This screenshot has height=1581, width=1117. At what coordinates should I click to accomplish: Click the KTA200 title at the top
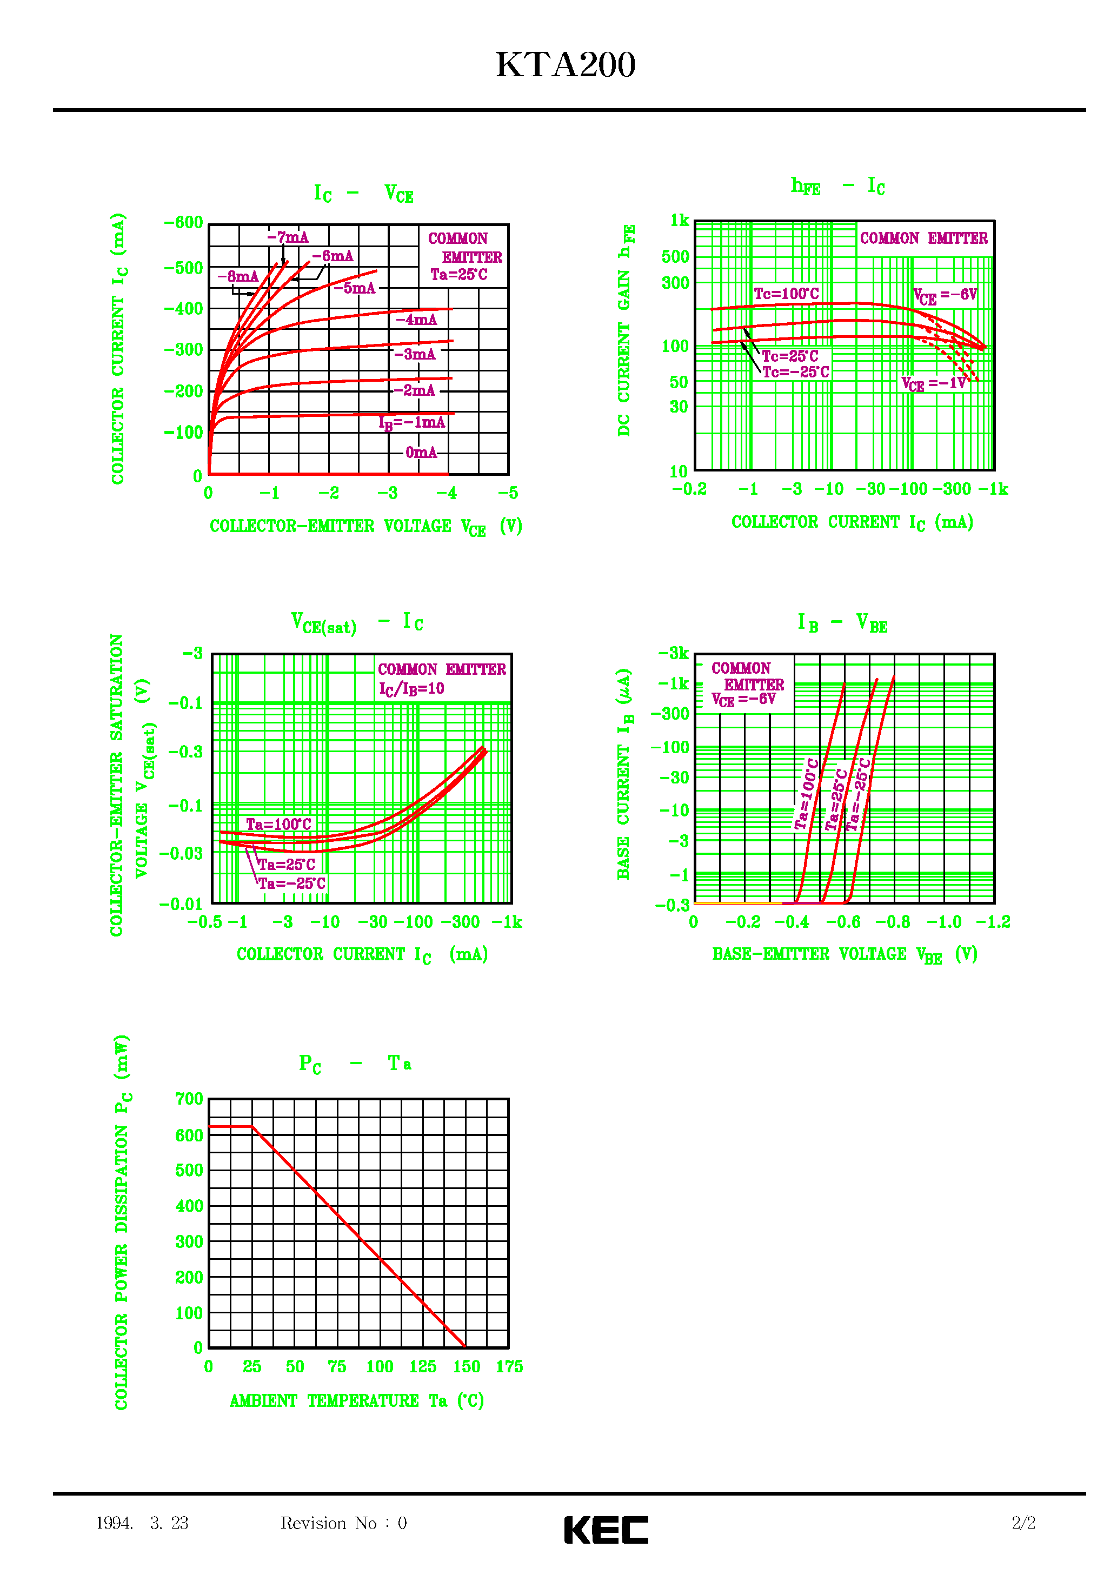(x=564, y=65)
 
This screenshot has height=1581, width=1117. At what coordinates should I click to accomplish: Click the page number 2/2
(x=1023, y=1523)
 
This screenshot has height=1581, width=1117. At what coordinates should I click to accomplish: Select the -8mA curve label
(x=237, y=277)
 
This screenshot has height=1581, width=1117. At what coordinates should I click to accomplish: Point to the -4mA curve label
(x=416, y=320)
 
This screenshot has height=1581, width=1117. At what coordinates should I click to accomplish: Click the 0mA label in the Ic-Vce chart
(x=421, y=453)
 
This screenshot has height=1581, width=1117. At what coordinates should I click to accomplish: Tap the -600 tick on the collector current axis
(x=183, y=222)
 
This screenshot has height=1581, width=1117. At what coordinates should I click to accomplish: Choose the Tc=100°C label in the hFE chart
(x=786, y=294)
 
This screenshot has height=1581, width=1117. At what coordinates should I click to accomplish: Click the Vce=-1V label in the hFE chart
(x=934, y=383)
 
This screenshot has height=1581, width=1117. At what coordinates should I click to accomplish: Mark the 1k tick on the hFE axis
(x=680, y=221)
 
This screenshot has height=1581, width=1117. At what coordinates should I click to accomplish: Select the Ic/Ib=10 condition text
(x=411, y=689)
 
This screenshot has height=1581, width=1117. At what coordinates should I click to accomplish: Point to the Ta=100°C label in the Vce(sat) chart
(x=278, y=824)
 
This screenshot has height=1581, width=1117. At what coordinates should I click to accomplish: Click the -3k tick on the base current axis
(x=673, y=653)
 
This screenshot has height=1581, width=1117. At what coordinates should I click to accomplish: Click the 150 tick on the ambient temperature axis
(x=466, y=1367)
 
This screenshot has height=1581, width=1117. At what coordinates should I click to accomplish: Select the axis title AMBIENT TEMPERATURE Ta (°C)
(x=357, y=1400)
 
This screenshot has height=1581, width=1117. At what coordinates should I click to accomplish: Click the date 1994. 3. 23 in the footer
(x=142, y=1523)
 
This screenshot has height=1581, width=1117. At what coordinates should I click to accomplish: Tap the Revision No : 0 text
(x=343, y=1523)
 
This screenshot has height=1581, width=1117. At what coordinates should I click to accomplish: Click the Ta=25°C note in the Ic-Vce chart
(x=458, y=275)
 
